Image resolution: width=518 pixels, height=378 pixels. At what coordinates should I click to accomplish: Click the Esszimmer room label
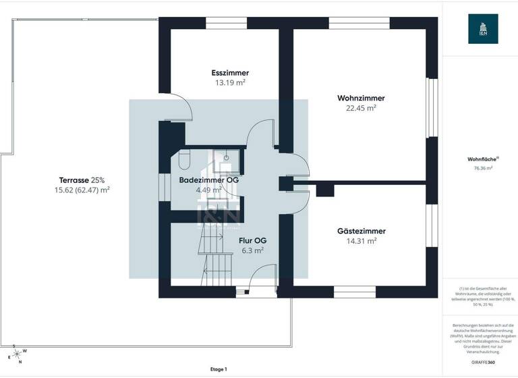230,73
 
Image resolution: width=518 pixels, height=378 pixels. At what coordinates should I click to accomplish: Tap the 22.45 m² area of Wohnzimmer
361,107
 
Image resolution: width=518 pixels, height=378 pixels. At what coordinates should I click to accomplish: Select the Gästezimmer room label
361,231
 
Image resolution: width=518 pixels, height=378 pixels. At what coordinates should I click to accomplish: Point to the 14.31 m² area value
361,240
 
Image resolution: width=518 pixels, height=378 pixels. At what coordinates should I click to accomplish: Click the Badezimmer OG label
208,180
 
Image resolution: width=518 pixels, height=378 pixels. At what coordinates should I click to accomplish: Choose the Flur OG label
251,240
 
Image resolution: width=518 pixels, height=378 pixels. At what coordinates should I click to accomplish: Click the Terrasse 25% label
82,180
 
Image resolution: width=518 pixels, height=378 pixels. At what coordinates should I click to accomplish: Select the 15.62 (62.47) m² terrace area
82,190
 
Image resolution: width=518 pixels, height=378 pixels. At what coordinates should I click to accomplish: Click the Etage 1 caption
219,369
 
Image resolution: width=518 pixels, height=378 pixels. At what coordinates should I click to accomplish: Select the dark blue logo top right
482,28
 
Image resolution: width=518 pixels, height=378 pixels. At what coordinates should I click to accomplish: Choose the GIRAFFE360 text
483,362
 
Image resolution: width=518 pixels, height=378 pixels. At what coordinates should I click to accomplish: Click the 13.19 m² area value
230,82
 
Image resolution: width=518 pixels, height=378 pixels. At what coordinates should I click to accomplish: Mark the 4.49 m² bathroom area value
208,190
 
